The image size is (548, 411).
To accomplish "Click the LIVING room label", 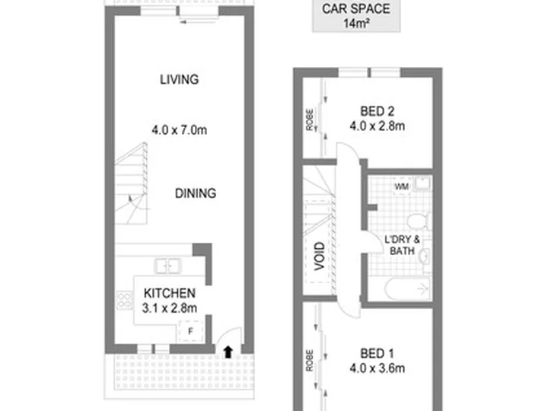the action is coord(180,80).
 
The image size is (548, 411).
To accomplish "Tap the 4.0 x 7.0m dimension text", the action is coord(180,130).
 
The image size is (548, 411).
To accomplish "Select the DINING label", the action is coord(196,193).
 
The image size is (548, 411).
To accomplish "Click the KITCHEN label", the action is coord(170,293).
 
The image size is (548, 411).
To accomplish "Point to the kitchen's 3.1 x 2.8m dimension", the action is coord(170,308).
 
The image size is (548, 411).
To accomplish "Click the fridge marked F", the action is coord(190,331).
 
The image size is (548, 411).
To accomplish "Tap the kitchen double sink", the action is coord(167,266).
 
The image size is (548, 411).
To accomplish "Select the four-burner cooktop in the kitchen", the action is coord(124,301).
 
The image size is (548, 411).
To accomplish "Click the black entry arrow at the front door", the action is coord(228,352).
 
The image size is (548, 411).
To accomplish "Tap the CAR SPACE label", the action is coord(355,9).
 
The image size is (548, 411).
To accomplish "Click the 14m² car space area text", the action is coord(356,24).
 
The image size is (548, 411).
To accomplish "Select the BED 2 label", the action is coord(377,111).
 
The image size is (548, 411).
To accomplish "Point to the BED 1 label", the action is coord(377,354).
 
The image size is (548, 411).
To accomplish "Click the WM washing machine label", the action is coord(402,186).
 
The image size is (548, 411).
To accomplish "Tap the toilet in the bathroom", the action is coord(418,221).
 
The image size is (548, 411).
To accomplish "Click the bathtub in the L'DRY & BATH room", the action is coord(407,289).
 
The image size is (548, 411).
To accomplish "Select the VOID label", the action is coord(320,256).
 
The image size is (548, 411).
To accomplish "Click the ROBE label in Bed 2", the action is coord(310,120).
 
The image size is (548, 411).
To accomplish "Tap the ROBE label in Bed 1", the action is coord(310,360).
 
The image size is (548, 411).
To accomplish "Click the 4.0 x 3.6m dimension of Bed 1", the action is coord(378,368).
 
